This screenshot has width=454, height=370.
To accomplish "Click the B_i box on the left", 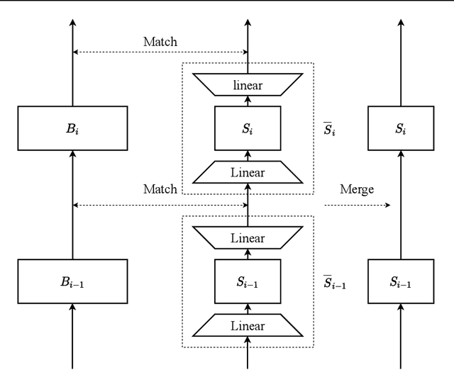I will point(72,129).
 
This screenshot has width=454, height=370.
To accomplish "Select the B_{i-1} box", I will point(72,282).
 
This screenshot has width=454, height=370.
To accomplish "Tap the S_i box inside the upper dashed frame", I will point(248,129).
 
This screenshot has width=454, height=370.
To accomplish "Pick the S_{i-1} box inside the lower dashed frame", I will point(248,282).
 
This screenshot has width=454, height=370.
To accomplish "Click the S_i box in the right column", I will point(402,129).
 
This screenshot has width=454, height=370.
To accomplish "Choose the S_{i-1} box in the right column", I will point(402,282).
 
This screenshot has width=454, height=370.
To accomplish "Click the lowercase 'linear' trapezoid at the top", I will point(248,85).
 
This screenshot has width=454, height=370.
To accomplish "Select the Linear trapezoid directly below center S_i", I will point(248,172).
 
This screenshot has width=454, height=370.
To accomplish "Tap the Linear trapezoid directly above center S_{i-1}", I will point(248,238).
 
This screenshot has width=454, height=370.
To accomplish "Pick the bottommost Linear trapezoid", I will point(248,325).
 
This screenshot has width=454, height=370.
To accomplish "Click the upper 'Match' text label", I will point(160,42).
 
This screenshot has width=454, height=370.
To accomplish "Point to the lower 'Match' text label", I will point(160,189).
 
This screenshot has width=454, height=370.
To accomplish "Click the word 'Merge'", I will point(357,189).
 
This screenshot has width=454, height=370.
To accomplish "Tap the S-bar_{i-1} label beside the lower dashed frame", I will point(334,282).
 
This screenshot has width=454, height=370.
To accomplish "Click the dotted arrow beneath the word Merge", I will point(357,206).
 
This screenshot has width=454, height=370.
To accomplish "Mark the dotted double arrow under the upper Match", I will point(160,52).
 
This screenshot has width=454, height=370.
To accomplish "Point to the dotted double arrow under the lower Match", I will point(160,206).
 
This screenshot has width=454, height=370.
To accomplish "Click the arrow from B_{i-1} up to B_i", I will point(72,206).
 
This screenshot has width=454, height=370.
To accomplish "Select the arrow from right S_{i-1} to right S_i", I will point(402,206).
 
